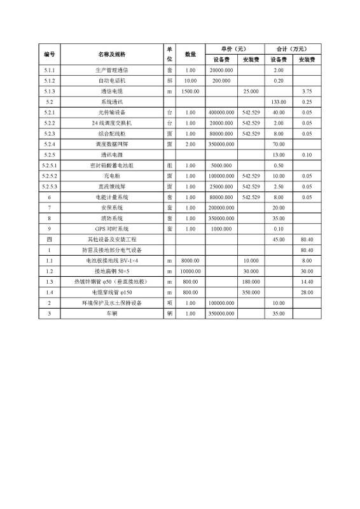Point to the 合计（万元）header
(292, 48)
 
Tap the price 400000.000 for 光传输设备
(221, 113)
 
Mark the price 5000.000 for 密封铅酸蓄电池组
(221, 165)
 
